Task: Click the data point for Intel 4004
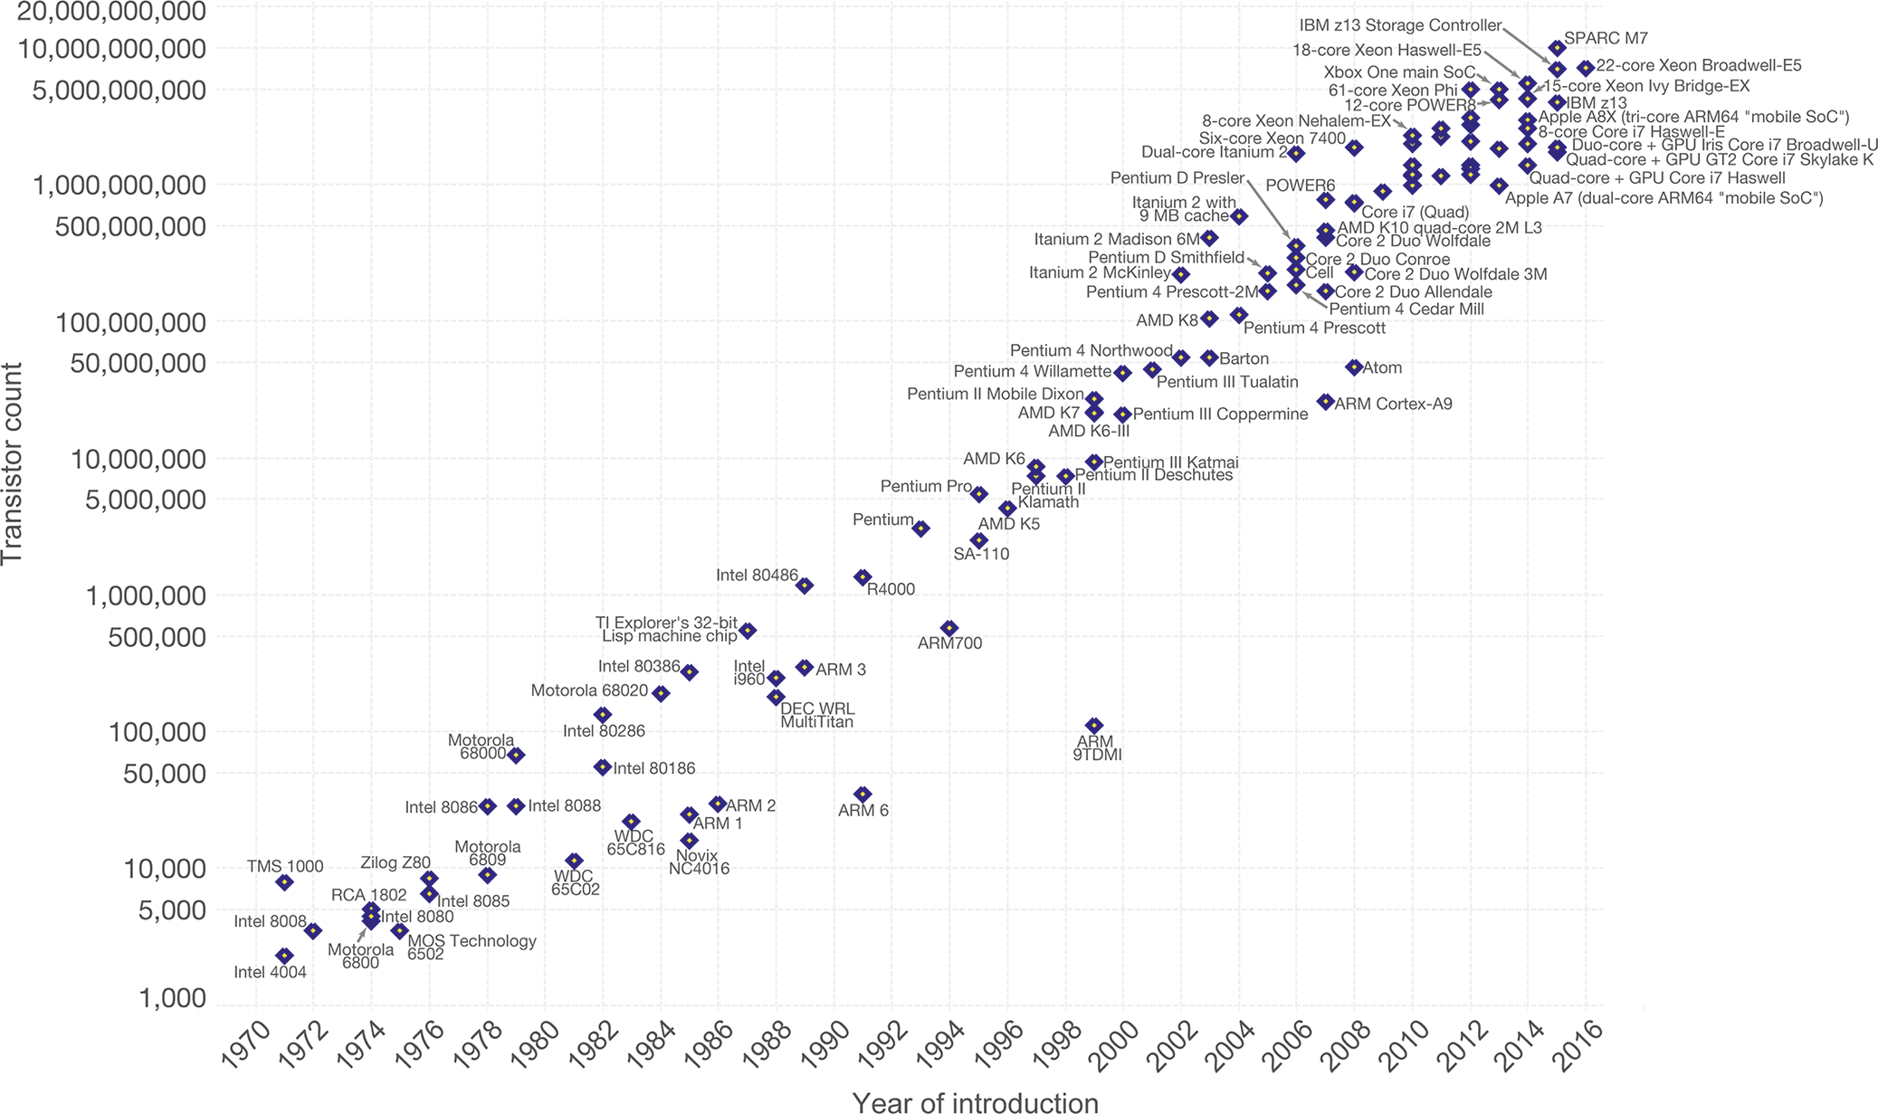(x=284, y=956)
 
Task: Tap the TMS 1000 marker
(x=284, y=882)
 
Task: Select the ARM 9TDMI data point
(x=1094, y=726)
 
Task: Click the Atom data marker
(x=1354, y=367)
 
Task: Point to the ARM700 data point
(x=949, y=628)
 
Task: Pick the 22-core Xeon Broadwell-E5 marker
(x=1586, y=68)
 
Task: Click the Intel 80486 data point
(x=804, y=586)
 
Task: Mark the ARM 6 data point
(x=863, y=794)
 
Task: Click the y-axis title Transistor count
(x=13, y=463)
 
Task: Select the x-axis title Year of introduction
(x=975, y=1101)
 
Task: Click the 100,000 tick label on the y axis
(x=157, y=731)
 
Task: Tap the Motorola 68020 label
(x=589, y=691)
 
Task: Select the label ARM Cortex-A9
(x=1393, y=404)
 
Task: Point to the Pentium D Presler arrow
(x=1269, y=209)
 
